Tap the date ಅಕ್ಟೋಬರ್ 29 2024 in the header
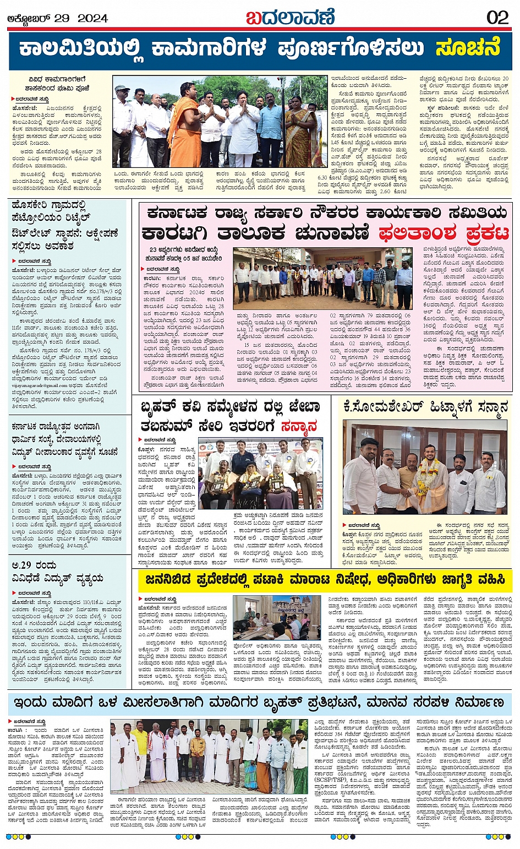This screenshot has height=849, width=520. click(57, 18)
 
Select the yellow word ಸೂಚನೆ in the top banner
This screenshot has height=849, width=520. click(468, 48)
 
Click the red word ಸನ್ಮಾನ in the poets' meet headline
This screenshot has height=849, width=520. click(299, 426)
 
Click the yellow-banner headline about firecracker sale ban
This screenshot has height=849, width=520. click(325, 580)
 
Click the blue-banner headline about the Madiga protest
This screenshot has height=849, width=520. click(259, 703)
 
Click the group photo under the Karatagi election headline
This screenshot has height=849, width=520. click(322, 278)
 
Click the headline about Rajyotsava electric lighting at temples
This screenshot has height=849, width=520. click(65, 439)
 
